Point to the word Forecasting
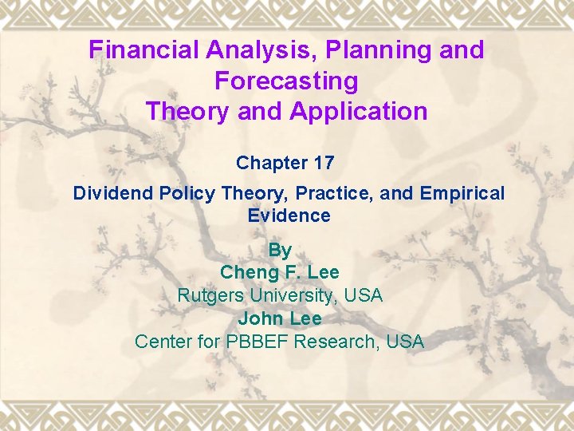coord(286,81)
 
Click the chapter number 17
coord(324,163)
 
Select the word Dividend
coord(113,193)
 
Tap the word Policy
coord(187,193)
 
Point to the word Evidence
coord(289,215)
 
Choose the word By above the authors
coord(280,250)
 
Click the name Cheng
coord(246,272)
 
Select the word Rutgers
coord(210,295)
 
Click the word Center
coord(164,342)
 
